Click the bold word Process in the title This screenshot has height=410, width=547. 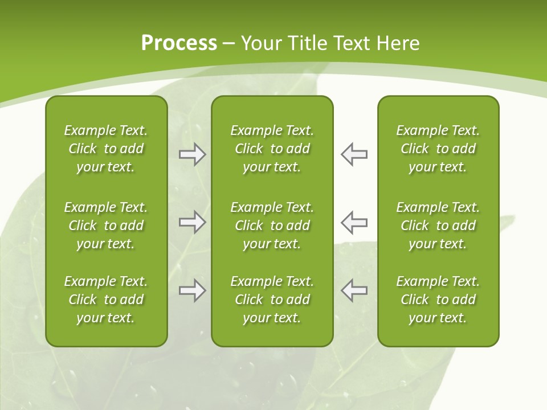179,43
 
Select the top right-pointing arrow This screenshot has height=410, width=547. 192,154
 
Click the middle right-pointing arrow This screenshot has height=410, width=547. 192,222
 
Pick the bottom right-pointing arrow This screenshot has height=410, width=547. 192,290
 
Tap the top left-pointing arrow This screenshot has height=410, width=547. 354,154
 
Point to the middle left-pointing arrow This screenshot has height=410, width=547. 354,222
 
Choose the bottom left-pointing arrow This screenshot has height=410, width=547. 354,290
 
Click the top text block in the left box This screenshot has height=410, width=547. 106,149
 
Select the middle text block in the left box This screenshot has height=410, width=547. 106,225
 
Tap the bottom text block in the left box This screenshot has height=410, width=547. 106,300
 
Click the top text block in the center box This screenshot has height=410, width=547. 272,149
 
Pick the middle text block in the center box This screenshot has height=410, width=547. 272,225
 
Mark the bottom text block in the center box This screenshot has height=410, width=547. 272,300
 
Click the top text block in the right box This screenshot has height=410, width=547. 438,149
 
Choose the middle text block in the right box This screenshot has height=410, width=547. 438,225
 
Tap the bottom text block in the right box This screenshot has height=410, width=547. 438,300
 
